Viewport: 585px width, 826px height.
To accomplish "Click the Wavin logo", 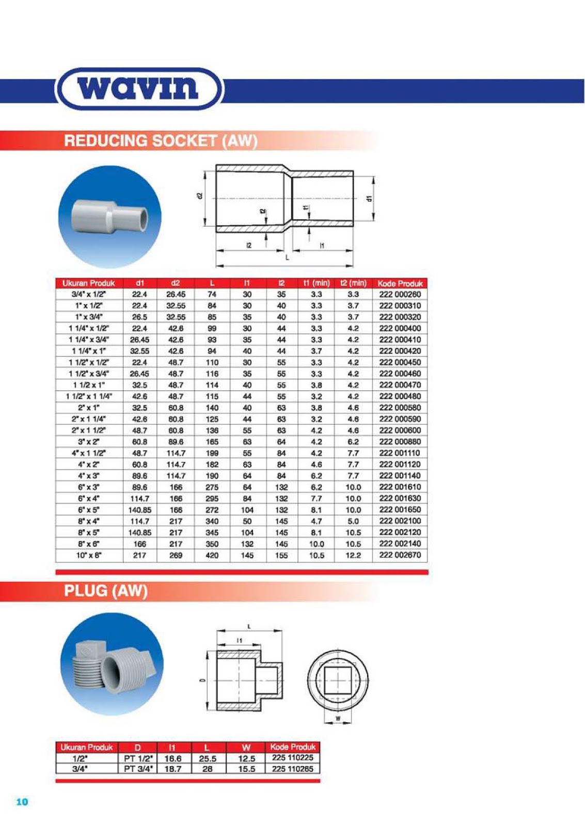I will (x=138, y=88).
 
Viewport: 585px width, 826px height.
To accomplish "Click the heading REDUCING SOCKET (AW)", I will (x=161, y=140).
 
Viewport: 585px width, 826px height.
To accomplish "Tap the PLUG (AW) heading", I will (x=106, y=591).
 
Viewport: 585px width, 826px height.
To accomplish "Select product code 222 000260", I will (x=400, y=294).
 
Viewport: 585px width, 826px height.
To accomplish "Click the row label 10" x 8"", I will (x=89, y=555).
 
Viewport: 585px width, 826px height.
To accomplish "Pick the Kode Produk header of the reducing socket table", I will (x=400, y=283).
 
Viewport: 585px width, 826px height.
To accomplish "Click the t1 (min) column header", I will (x=316, y=283).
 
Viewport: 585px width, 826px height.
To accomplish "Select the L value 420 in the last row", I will (x=212, y=555).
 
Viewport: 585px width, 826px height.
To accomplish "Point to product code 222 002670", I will (x=400, y=555).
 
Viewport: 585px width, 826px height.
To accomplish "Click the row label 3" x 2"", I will (x=89, y=442).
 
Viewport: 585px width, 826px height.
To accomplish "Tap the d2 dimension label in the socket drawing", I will (x=199, y=196).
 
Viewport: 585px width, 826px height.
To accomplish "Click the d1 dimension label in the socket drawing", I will (x=369, y=198).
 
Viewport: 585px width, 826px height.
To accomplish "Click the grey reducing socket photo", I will (x=109, y=216).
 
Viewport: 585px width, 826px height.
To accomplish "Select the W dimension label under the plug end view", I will (x=338, y=718).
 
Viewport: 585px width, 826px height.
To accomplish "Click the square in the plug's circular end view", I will (x=338, y=680).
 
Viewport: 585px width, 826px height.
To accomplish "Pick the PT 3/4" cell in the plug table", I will (x=138, y=769).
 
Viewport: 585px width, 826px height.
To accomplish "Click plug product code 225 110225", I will (x=292, y=758).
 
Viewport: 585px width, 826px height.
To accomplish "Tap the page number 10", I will (x=22, y=802).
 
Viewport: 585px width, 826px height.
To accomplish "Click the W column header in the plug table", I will (x=246, y=747).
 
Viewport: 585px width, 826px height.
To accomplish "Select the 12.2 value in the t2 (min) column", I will (x=353, y=555).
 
